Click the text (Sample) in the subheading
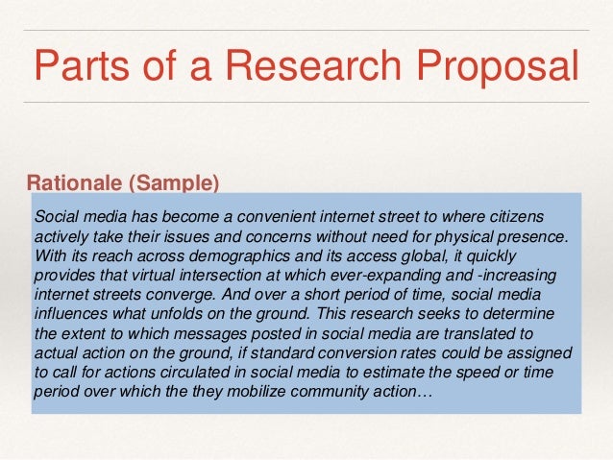pos(173,182)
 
